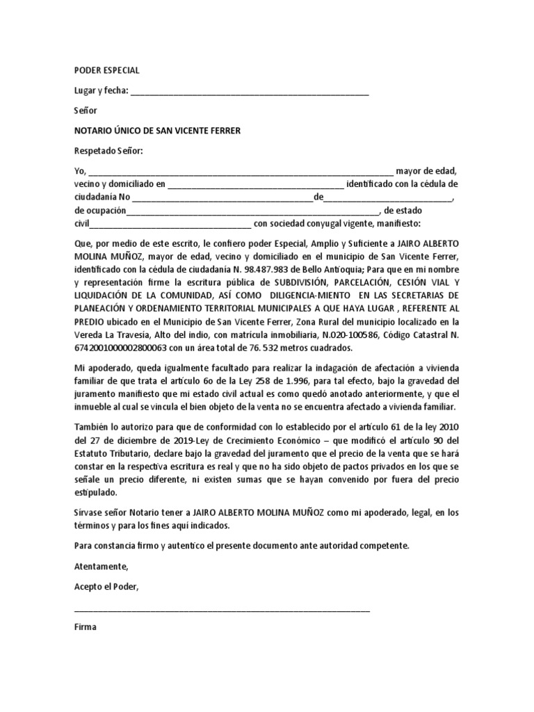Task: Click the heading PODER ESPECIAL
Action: click(x=107, y=70)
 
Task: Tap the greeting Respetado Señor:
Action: click(x=108, y=151)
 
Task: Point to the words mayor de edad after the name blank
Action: click(x=426, y=171)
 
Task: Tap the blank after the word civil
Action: click(x=170, y=225)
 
